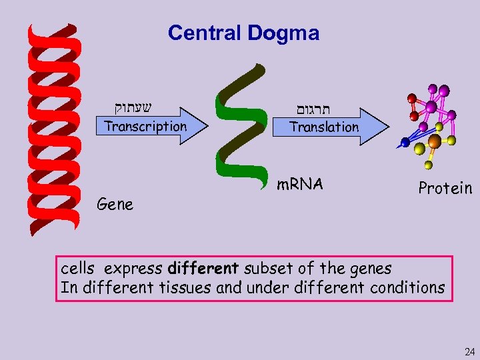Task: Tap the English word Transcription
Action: pyautogui.click(x=145, y=126)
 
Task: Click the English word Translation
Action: pyautogui.click(x=324, y=127)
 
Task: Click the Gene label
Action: pyautogui.click(x=115, y=205)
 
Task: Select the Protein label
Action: pyautogui.click(x=445, y=189)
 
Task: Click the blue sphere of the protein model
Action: pyautogui.click(x=405, y=143)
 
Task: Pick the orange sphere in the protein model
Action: pyautogui.click(x=434, y=141)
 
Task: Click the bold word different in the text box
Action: pyautogui.click(x=203, y=269)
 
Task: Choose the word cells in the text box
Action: pyautogui.click(x=77, y=269)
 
